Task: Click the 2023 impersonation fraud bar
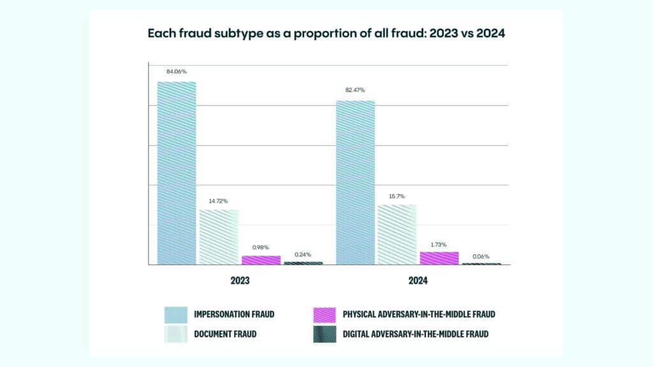tap(177, 173)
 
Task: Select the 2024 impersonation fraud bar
tap(355, 182)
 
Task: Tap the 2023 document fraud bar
tap(219, 236)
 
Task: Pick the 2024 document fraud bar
tap(397, 234)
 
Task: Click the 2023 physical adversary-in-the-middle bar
tap(261, 260)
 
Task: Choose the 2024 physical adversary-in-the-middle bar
tap(439, 257)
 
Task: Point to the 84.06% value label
tap(177, 71)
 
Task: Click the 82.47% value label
tap(355, 90)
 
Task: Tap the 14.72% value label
tap(219, 200)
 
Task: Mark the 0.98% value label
tap(261, 247)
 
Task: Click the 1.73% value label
tap(439, 244)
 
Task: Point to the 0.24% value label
tap(303, 254)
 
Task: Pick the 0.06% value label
tap(481, 256)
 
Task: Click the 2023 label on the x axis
tap(240, 281)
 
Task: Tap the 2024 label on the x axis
tap(418, 281)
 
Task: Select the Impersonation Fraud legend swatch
tap(175, 314)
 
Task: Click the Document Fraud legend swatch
tap(175, 334)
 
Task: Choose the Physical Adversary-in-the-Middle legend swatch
tap(325, 314)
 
